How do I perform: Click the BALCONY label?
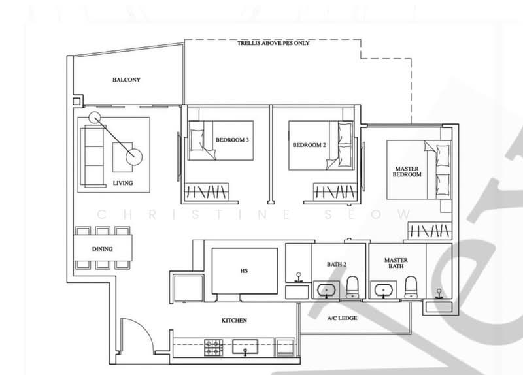click(126, 80)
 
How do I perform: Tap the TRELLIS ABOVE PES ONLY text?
click(273, 43)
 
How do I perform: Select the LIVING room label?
click(123, 183)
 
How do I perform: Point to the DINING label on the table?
click(103, 249)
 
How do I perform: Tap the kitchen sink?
click(245, 347)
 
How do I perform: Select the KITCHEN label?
click(234, 320)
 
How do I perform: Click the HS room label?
click(244, 271)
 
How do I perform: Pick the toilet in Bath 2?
click(352, 287)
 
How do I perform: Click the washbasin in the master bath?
click(383, 289)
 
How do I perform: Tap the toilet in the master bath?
click(411, 287)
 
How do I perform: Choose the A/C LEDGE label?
click(342, 318)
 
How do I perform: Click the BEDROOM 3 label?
click(232, 140)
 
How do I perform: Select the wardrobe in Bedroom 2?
click(335, 191)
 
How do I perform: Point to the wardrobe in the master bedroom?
click(430, 231)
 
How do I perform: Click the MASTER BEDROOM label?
click(407, 171)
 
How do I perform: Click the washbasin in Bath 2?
click(326, 289)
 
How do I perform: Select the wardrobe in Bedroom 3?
click(207, 191)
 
